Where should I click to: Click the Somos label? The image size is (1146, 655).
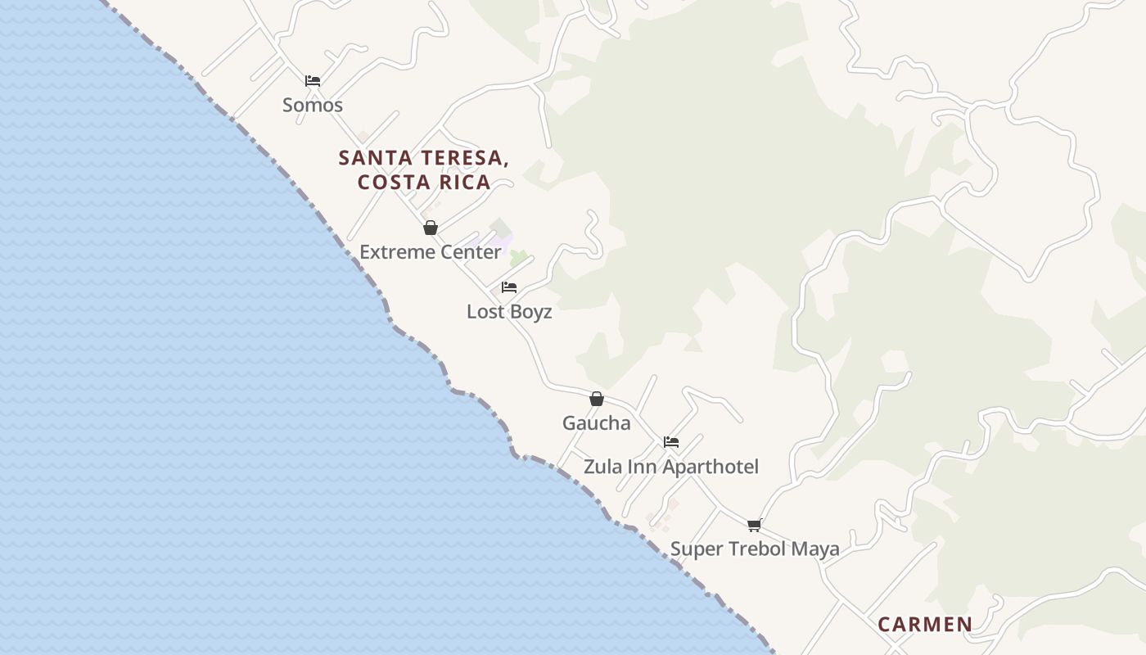tap(312, 105)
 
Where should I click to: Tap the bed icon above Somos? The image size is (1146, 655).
tap(312, 80)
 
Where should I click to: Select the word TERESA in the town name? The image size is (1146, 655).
tap(464, 158)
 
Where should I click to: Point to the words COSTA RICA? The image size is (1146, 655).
tap(424, 182)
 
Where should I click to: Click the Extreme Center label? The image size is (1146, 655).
tap(430, 251)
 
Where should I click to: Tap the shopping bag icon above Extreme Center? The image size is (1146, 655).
tap(431, 228)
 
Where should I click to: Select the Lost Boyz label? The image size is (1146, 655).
tap(509, 311)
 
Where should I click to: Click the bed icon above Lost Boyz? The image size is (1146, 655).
tap(509, 287)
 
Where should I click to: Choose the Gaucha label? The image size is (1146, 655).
tap(596, 422)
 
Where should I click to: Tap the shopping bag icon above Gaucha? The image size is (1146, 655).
tap(597, 399)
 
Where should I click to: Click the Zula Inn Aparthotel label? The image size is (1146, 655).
tap(670, 466)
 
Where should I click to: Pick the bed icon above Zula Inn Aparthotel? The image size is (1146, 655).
tap(671, 442)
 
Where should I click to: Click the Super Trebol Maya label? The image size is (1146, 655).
tap(755, 549)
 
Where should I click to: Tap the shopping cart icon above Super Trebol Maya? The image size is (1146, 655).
tap(754, 525)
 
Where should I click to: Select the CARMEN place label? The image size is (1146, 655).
tap(925, 624)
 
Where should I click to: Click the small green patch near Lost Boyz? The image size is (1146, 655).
tap(518, 258)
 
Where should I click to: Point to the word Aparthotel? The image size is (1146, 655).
tap(711, 466)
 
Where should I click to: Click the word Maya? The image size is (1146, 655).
tap(815, 549)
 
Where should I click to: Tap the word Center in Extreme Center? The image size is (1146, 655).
tap(470, 251)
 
